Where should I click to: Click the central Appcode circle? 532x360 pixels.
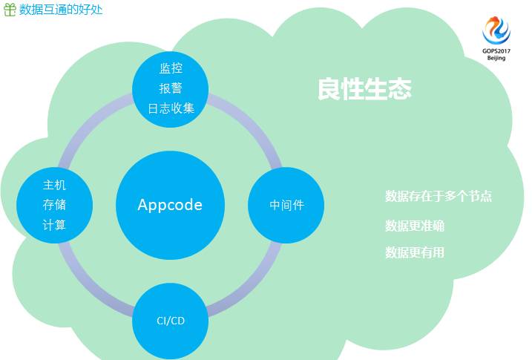(x=170, y=205)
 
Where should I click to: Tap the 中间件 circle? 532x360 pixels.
(x=286, y=205)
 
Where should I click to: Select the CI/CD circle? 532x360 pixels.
(x=171, y=321)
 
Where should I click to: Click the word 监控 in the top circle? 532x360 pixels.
(x=171, y=68)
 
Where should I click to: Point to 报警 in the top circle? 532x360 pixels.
(x=171, y=88)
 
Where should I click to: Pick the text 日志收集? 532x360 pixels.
(x=171, y=108)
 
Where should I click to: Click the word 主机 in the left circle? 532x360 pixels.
(x=54, y=185)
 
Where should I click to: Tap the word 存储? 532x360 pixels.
(x=54, y=204)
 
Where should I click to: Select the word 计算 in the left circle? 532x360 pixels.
(x=54, y=224)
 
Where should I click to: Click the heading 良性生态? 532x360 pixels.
(x=364, y=90)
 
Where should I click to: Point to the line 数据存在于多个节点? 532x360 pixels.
(x=439, y=197)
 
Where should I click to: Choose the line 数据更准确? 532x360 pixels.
(x=415, y=226)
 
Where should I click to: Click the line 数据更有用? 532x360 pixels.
(x=415, y=252)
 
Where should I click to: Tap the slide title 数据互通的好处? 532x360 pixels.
(x=61, y=9)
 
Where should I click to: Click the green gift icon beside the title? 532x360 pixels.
(x=10, y=9)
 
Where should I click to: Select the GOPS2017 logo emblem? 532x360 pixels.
(x=496, y=30)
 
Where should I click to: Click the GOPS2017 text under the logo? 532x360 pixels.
(x=496, y=50)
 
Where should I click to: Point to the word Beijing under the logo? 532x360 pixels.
(x=496, y=58)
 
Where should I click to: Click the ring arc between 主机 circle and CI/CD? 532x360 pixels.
(x=89, y=281)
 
